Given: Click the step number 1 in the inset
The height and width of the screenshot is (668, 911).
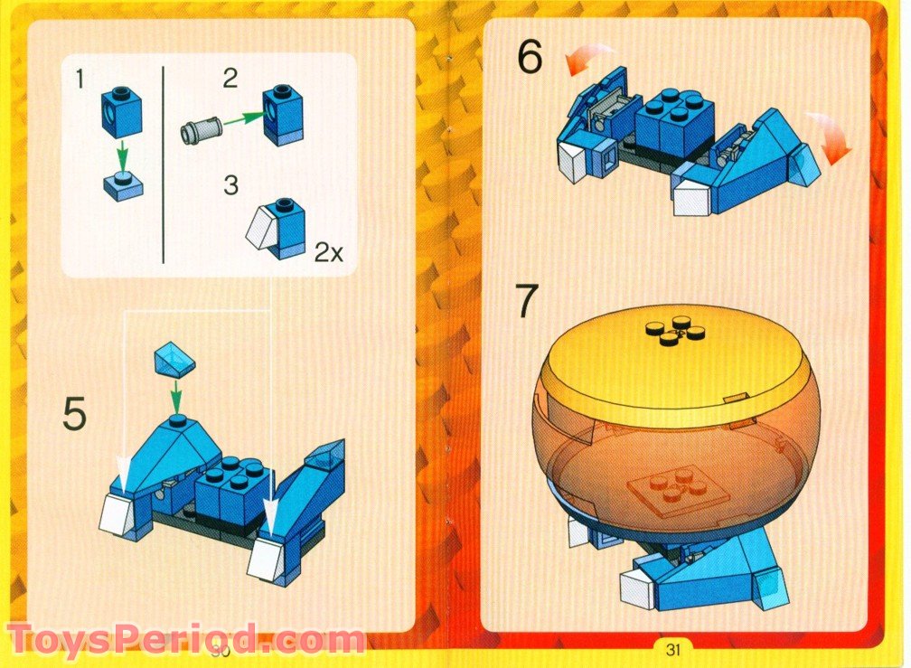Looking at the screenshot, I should tap(80, 80).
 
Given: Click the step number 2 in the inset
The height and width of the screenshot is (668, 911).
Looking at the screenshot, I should tap(230, 78).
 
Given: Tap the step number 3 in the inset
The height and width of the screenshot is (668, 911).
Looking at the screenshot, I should tap(230, 185).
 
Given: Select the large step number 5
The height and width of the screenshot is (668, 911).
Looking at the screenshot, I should tap(75, 415).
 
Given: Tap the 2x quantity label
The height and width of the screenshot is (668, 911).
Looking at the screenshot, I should tap(328, 253).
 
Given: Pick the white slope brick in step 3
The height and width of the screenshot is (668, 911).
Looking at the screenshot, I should tap(262, 227).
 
